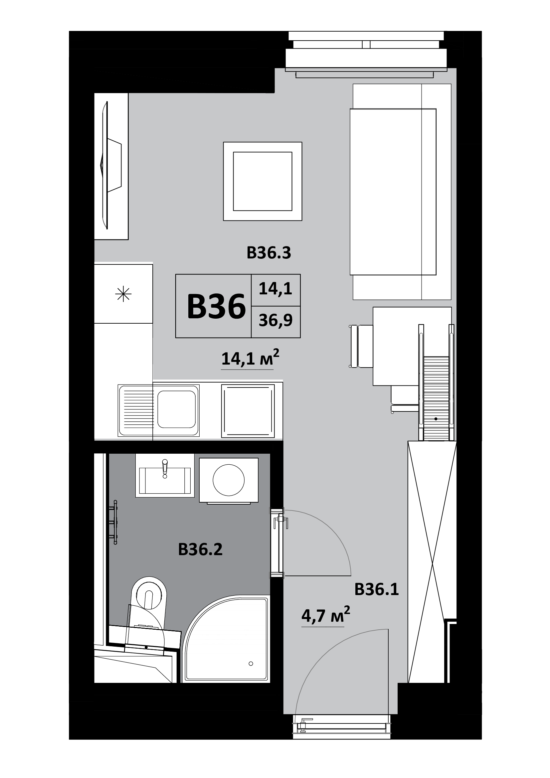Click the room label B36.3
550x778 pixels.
point(269,253)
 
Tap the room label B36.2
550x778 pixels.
point(200,549)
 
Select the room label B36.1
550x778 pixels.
point(377,590)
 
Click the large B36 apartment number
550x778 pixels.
point(216,307)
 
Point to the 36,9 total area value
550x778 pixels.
point(275,321)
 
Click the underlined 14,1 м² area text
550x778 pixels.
point(250,358)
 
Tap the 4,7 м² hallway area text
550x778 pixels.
point(325,615)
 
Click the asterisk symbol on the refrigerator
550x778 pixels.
point(123,294)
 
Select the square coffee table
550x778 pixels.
point(262,181)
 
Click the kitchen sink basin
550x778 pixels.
point(177,409)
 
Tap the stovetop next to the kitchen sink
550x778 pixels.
point(248,411)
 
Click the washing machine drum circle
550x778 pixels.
point(229,480)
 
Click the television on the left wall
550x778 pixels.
point(111,165)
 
